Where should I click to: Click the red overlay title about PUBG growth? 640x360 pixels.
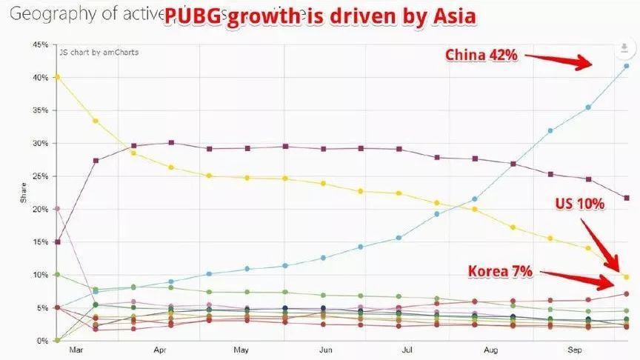coord(320,17)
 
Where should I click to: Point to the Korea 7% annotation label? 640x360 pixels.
coord(500,272)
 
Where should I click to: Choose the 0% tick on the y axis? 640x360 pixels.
coord(42,341)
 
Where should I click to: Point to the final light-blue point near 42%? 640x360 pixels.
coord(627,66)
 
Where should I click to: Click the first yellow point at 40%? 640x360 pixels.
coord(58,76)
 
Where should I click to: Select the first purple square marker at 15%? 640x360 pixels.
coord(58,242)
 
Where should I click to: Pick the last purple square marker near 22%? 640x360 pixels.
coord(627,198)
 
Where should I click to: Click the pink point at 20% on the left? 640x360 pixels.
coord(58,209)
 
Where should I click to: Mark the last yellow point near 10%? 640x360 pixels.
coord(627,277)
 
